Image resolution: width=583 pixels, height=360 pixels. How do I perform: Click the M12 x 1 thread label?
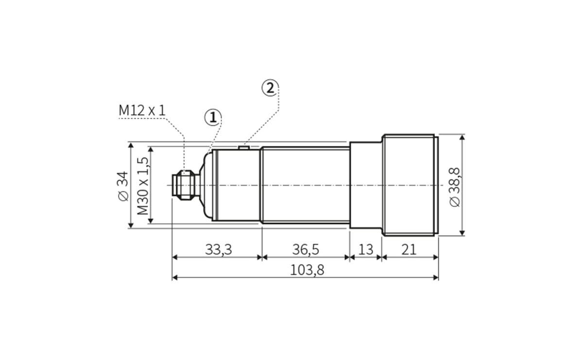point(142,110)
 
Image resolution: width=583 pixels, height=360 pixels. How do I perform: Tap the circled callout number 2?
point(270,88)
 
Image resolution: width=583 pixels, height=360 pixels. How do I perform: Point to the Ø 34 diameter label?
point(123,185)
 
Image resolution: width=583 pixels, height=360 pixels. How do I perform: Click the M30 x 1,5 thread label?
point(143,185)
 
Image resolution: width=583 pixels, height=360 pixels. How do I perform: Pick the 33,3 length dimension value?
point(219,250)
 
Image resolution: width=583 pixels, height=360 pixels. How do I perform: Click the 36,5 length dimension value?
point(306,250)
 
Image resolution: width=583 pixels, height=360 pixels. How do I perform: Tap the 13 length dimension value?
point(365,250)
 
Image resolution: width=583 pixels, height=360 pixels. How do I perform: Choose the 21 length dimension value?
point(409,250)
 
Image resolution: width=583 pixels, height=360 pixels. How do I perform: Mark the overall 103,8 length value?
point(307,270)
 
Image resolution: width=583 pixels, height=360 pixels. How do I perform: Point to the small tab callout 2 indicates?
point(244,145)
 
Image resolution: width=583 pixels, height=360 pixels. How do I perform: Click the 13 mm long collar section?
point(365,185)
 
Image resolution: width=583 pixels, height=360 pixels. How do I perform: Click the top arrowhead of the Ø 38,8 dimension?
point(462,137)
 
